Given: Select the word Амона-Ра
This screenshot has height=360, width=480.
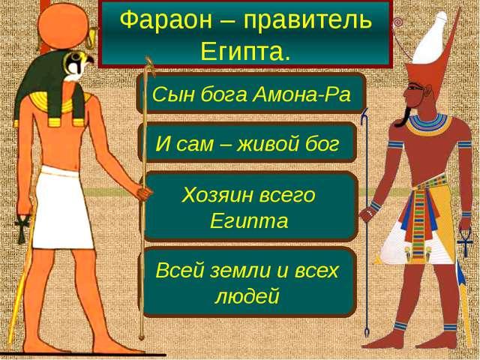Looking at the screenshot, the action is pos(301,94).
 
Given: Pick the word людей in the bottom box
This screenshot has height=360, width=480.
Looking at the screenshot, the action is pos(247,296).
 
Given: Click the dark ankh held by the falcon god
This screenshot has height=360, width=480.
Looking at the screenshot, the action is pos(22,228).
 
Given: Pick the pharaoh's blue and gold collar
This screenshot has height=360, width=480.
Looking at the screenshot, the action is pos(429,124).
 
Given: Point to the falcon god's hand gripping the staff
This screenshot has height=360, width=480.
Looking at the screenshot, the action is pos(144,193).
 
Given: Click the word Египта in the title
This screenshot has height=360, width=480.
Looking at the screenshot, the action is pos(245,52).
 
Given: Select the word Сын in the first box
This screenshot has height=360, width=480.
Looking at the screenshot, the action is pos(173,94).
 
